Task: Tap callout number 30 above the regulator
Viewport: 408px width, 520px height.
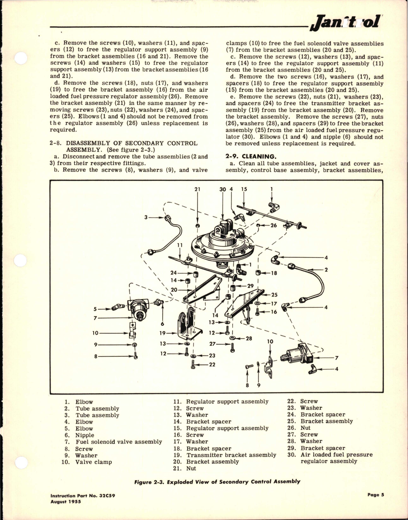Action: (222, 190)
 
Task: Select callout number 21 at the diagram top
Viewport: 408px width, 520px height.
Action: (197, 190)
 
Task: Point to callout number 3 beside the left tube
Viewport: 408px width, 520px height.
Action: (146, 217)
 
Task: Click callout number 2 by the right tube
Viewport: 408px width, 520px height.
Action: (326, 270)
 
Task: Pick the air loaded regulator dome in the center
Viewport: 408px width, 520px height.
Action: (219, 244)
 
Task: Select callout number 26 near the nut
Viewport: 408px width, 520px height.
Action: (273, 225)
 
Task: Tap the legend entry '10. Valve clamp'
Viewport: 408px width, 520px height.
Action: (87, 462)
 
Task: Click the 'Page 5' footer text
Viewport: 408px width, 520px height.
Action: (376, 495)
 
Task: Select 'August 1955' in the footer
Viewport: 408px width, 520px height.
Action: (66, 502)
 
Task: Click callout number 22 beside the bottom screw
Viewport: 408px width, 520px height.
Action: (212, 364)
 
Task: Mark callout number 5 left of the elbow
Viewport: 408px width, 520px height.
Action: (95, 308)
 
